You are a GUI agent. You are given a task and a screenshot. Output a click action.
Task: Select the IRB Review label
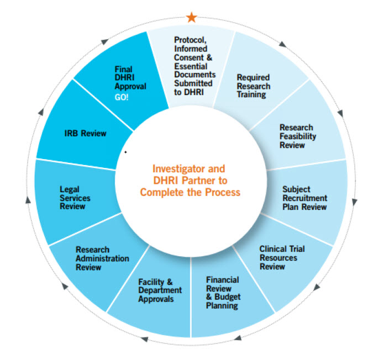tap(85, 133)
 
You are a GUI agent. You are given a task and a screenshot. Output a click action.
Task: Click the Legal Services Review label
tap(75, 198)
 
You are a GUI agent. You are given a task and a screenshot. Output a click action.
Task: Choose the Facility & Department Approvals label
tap(160, 290)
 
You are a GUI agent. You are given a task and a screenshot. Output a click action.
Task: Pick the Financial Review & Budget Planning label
tap(223, 292)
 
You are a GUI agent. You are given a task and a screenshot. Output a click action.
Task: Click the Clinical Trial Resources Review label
tap(282, 257)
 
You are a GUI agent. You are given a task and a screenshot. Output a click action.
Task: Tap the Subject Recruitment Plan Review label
tap(304, 198)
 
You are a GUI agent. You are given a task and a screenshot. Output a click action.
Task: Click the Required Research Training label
tap(254, 86)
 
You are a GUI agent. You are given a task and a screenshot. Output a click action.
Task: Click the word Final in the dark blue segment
tap(123, 70)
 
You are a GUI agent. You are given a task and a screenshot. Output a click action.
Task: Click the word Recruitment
tap(304, 198)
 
